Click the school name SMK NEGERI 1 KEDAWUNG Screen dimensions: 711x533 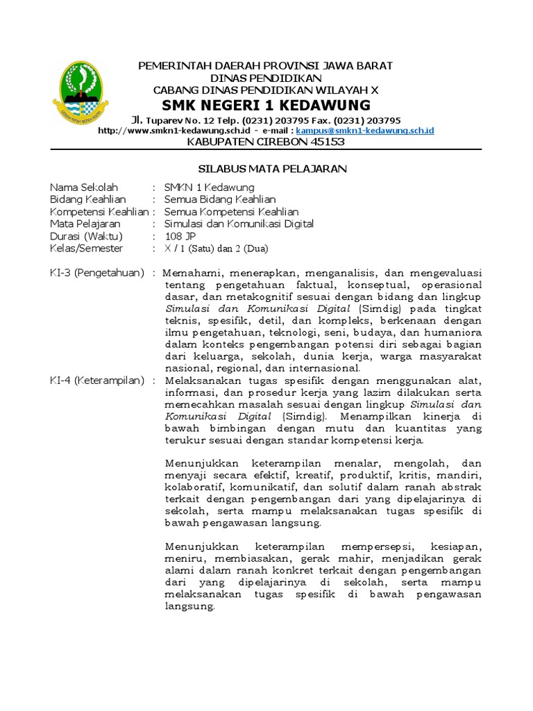click(x=266, y=105)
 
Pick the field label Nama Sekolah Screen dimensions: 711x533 click(x=84, y=187)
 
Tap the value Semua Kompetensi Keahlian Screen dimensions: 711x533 click(x=231, y=212)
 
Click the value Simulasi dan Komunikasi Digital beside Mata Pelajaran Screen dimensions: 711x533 click(x=239, y=224)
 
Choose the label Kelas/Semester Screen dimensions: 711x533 click(x=86, y=248)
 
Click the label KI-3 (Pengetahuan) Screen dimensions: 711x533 click(x=97, y=272)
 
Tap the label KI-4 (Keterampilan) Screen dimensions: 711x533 click(x=97, y=380)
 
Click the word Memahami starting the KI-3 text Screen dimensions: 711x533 click(x=192, y=272)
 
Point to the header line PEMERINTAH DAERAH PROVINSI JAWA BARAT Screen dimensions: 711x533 click(x=266, y=66)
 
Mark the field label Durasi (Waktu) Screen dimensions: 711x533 click(x=86, y=236)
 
